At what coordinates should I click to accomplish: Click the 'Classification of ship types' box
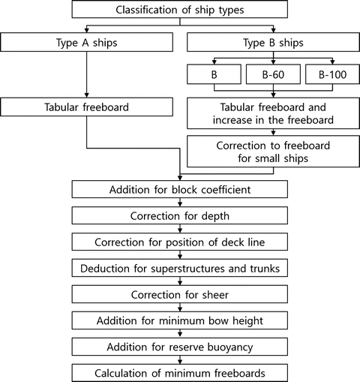(x=179, y=10)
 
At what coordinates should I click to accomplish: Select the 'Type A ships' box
(x=88, y=42)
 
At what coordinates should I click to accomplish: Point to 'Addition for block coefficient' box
(x=179, y=188)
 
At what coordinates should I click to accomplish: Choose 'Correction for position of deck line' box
(x=179, y=242)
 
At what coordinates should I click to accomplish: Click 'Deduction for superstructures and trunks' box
(x=179, y=268)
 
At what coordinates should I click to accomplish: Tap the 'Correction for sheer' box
(x=179, y=294)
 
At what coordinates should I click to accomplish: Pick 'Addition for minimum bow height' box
(x=179, y=320)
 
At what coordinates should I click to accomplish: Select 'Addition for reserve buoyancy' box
(x=179, y=347)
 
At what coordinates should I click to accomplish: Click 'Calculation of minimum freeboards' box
(x=179, y=373)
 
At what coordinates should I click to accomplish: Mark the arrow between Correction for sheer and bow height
(x=179, y=308)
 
